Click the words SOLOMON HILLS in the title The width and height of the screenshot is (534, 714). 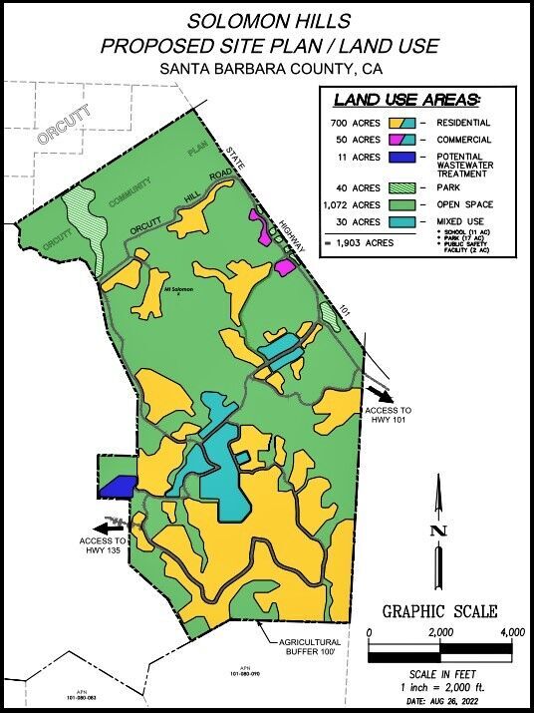coord(266,21)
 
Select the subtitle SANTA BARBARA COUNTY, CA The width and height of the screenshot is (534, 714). coord(266,68)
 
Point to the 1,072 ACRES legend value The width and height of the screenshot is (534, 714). coord(354,204)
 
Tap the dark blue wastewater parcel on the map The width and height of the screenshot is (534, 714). coord(117,487)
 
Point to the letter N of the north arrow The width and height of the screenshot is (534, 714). coord(436,531)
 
